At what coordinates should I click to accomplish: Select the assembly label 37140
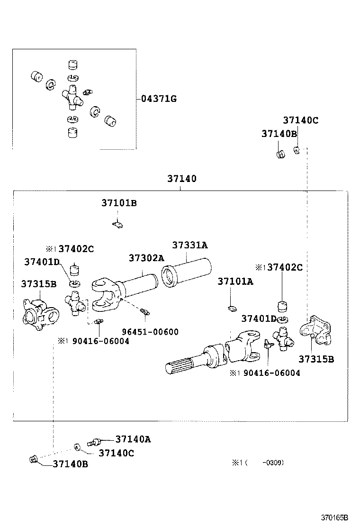click(x=181, y=179)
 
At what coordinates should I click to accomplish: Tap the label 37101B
click(x=119, y=203)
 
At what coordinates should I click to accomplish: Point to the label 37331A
click(x=190, y=245)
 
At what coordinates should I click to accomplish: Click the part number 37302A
click(x=146, y=258)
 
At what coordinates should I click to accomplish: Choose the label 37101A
click(x=235, y=282)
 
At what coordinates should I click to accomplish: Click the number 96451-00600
click(x=150, y=332)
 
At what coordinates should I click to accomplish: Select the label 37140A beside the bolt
click(x=133, y=439)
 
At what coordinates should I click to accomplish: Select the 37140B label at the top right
click(x=279, y=134)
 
